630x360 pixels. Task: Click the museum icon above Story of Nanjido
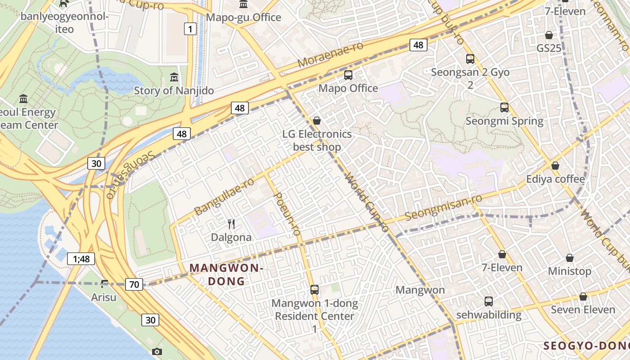tap(174, 77)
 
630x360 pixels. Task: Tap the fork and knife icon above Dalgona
tap(231, 224)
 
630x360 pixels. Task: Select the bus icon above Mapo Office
tap(348, 75)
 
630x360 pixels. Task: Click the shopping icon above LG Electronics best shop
tap(317, 121)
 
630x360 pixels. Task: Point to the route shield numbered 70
tap(134, 284)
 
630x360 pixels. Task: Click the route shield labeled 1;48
tap(81, 258)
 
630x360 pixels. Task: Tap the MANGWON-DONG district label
tap(226, 274)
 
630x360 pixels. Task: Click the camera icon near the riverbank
tap(157, 351)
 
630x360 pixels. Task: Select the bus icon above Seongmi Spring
tap(504, 108)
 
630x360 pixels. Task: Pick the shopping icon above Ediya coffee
tap(555, 166)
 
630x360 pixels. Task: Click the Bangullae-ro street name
tap(224, 197)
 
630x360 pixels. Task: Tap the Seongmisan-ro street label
tap(443, 207)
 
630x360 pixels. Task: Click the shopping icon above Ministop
tap(569, 258)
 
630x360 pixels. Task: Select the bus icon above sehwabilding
tap(488, 301)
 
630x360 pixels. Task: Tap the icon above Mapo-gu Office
tap(243, 4)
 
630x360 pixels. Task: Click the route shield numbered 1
tap(190, 29)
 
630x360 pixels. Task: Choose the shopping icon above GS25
tap(549, 35)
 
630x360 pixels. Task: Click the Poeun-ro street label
tap(286, 214)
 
